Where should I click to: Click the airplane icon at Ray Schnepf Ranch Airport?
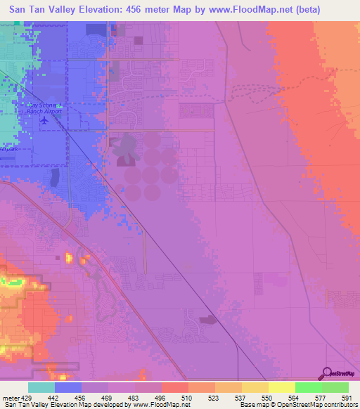pyautogui.click(x=46, y=120)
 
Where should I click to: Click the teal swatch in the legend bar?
pyautogui.click(x=41, y=387)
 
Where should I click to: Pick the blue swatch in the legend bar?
pyautogui.click(x=68, y=387)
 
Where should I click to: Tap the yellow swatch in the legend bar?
pyautogui.click(x=281, y=387)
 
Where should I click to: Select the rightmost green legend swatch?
pyautogui.click(x=335, y=387)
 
